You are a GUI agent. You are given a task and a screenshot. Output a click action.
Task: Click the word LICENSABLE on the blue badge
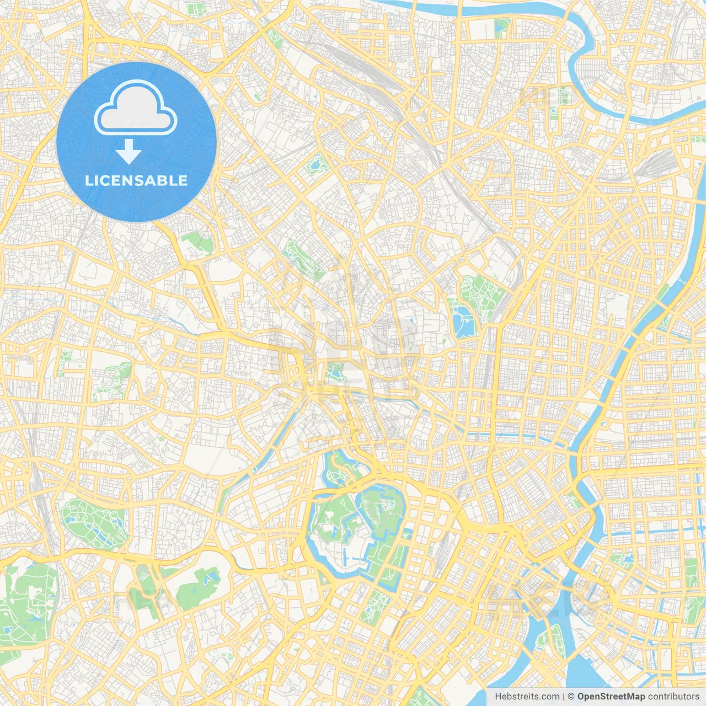(x=136, y=180)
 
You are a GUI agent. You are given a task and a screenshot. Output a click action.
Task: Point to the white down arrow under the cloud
(x=129, y=152)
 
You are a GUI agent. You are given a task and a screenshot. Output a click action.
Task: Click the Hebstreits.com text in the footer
(x=527, y=697)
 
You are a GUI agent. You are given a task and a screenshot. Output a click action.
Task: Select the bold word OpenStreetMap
(x=611, y=697)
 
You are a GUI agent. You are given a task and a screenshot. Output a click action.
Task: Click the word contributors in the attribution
(x=673, y=697)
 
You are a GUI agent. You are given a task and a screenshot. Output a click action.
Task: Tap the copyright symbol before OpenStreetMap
(x=571, y=697)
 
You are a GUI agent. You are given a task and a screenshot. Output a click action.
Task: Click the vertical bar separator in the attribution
(x=564, y=697)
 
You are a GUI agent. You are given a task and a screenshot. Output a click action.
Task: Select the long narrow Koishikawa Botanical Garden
(x=303, y=259)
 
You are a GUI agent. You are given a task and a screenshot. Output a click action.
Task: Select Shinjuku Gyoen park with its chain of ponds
(x=91, y=521)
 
